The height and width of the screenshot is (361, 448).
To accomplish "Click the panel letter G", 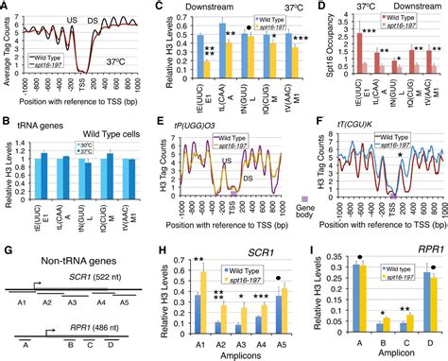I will [8, 251].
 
